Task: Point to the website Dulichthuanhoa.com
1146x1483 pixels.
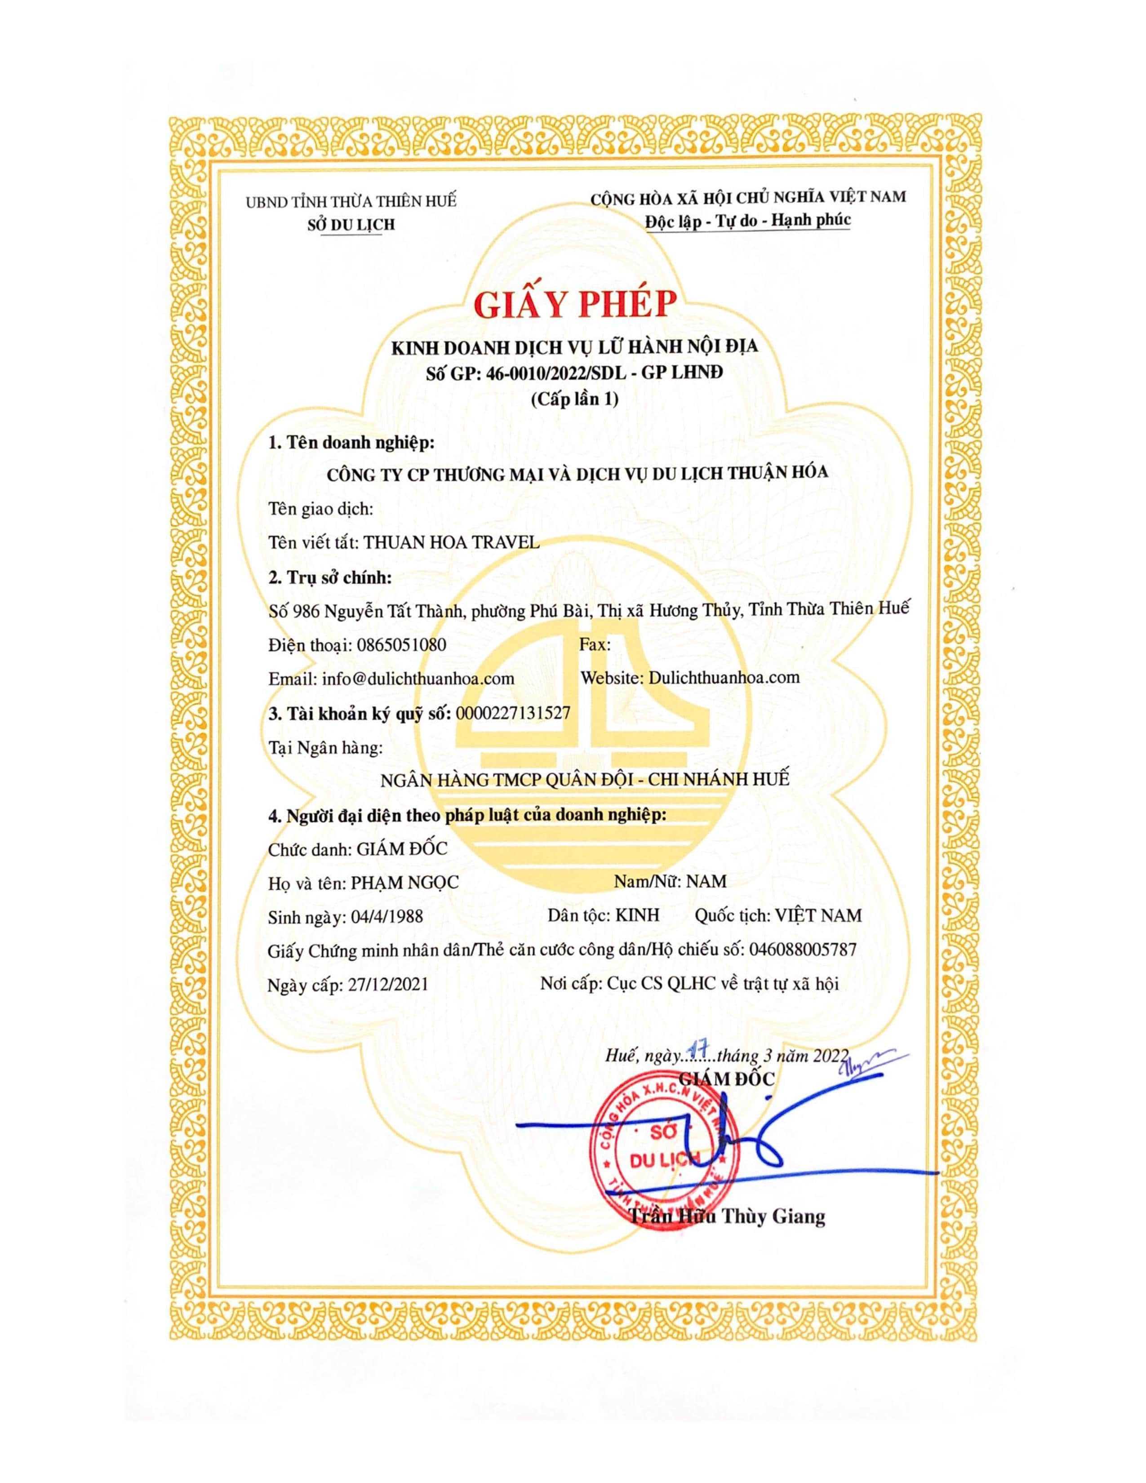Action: tap(724, 677)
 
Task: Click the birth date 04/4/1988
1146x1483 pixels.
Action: tap(388, 917)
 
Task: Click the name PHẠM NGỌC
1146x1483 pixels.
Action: tap(404, 882)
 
